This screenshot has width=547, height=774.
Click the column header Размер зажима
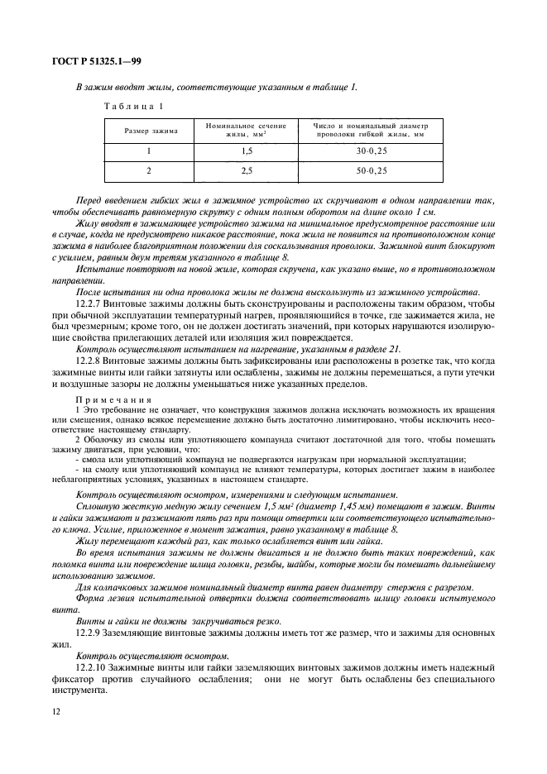pos(151,131)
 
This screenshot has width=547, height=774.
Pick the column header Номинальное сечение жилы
pos(245,130)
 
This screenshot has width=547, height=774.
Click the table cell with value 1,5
pos(245,152)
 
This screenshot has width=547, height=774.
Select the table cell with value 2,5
pos(245,170)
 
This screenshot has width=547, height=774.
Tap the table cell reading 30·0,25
pos(372,152)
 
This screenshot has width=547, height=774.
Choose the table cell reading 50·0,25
pos(372,170)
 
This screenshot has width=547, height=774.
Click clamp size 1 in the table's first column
pos(150,152)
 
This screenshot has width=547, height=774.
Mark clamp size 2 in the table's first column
pos(150,170)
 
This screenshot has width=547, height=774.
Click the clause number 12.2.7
pos(89,303)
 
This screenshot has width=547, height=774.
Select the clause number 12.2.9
pos(89,632)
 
